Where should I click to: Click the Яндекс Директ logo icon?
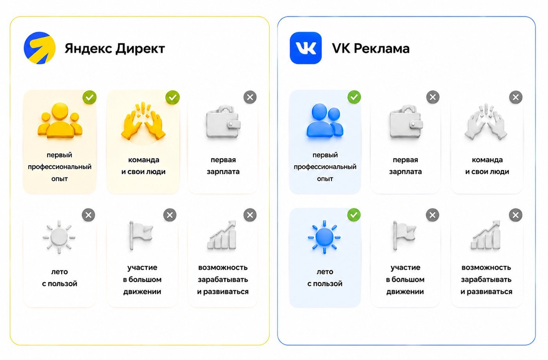click(x=39, y=48)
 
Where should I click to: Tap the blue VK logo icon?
click(x=306, y=48)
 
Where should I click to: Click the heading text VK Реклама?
click(x=371, y=48)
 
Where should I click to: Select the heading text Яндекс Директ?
click(x=115, y=48)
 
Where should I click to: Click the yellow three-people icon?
click(x=60, y=120)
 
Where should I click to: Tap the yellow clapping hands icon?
click(x=143, y=121)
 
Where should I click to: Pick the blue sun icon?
click(x=324, y=237)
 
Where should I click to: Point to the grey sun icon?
click(x=59, y=237)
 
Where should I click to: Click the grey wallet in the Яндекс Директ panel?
click(x=223, y=122)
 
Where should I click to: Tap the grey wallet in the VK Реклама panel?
click(x=406, y=122)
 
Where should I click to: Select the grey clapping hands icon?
click(x=486, y=122)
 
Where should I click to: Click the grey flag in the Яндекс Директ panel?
click(x=141, y=235)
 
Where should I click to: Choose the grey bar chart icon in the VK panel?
click(x=486, y=235)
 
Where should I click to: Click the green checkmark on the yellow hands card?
click(x=172, y=97)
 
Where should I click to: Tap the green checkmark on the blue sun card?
click(x=354, y=215)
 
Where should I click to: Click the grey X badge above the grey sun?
click(x=89, y=215)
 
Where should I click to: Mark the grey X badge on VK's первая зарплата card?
click(x=433, y=97)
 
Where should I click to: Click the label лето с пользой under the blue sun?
click(x=325, y=278)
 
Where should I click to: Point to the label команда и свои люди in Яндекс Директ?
click(x=143, y=166)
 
